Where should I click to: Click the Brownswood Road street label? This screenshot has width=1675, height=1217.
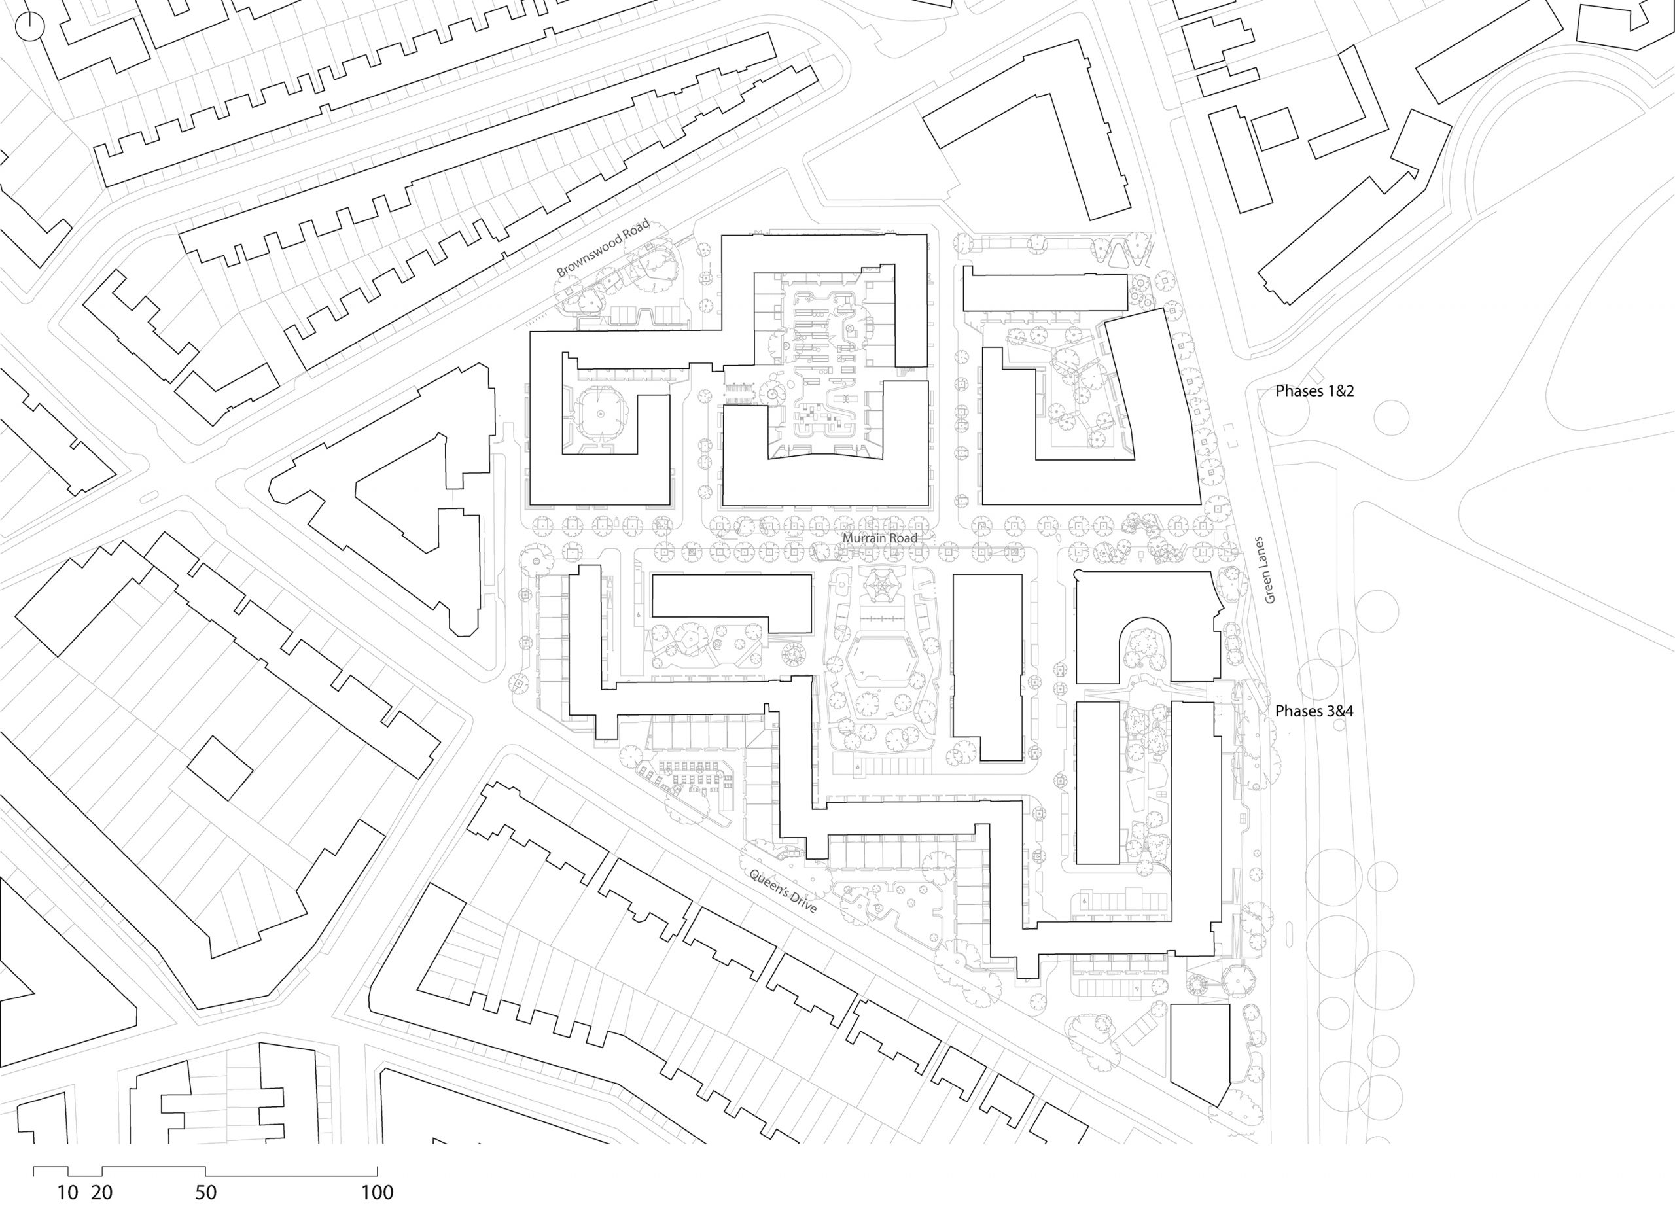[603, 247]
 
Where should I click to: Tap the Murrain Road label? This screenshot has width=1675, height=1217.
[879, 538]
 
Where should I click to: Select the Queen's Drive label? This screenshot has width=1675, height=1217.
[783, 891]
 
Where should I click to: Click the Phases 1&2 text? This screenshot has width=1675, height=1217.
[1314, 391]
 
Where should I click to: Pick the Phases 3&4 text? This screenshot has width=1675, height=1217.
[1314, 711]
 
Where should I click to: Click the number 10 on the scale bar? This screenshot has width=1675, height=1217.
[67, 1193]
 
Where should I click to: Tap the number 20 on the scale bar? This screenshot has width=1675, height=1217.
[102, 1193]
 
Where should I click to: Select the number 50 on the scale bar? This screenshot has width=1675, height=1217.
[205, 1193]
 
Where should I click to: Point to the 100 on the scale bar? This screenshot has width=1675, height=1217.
[377, 1193]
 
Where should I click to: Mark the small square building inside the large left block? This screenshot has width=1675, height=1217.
[219, 767]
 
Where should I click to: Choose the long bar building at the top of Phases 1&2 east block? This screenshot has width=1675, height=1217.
[1044, 292]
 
